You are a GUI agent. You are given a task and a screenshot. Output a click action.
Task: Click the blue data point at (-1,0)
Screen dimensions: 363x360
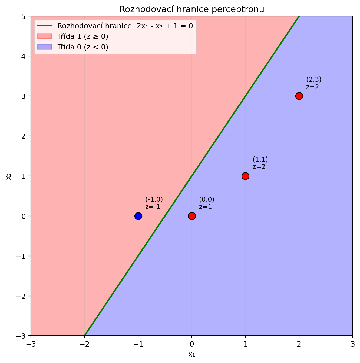point(138,216)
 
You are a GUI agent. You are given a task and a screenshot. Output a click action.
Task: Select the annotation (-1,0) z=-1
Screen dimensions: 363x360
point(154,203)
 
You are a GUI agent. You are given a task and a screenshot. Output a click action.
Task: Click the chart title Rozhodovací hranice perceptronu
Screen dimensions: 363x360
point(191,9)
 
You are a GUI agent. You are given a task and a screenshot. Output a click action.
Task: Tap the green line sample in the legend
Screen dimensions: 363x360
point(44,26)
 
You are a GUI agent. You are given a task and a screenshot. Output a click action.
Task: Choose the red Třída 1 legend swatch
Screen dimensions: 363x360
point(44,36)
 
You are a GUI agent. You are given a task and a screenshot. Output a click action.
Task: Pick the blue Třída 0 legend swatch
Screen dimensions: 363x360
point(44,47)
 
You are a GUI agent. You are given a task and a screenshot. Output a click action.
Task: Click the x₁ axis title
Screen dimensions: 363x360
point(191,354)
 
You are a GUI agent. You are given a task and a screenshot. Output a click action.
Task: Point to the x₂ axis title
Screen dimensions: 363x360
point(9,176)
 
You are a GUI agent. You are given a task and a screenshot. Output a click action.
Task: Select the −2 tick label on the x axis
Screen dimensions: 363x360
point(84,344)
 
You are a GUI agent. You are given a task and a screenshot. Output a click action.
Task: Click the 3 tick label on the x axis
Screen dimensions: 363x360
point(352,344)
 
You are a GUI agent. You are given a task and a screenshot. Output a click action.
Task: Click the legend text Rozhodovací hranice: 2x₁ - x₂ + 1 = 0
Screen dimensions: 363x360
point(125,26)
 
